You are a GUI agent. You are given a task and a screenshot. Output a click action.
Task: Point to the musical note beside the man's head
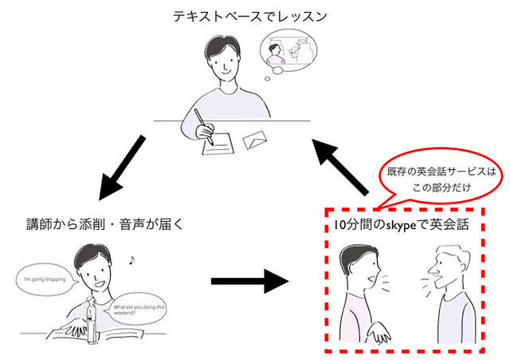coord(131,259)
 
